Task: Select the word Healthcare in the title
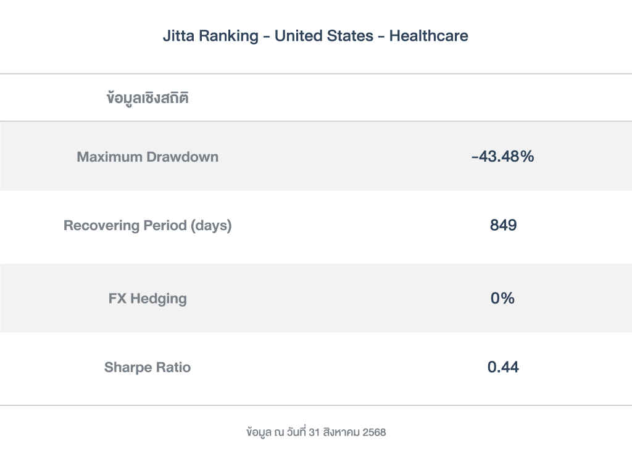point(428,36)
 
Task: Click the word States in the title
point(352,36)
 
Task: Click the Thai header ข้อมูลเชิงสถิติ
point(148,98)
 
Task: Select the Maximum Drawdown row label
point(148,157)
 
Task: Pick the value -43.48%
point(502,157)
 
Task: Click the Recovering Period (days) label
point(148,226)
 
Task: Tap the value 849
point(503,226)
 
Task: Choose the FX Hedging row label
point(148,299)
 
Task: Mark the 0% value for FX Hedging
point(502,299)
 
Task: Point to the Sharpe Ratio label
point(148,368)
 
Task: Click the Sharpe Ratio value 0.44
point(503,368)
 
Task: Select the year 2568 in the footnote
point(374,432)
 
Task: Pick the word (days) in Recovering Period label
point(211,226)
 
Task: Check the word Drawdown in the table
point(182,157)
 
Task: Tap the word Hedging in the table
point(159,299)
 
